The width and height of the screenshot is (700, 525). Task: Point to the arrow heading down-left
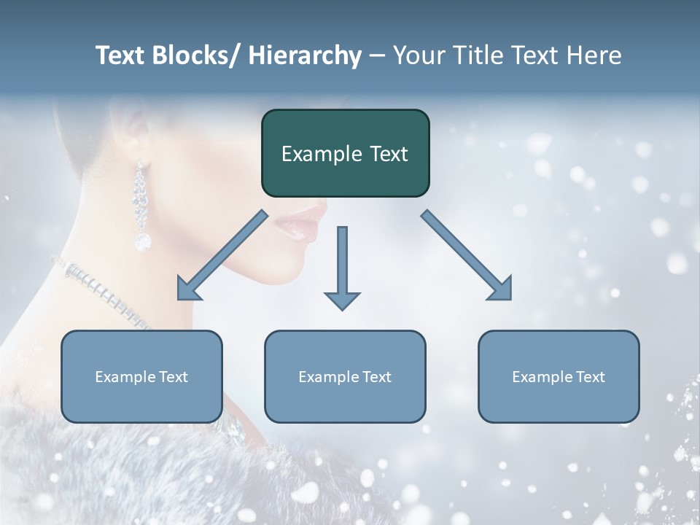(x=222, y=255)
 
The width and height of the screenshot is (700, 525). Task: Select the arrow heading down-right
(x=467, y=255)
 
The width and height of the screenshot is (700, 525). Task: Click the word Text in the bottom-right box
(x=590, y=377)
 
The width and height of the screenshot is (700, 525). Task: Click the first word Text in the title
(x=120, y=55)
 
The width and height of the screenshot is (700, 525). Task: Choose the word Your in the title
(x=417, y=55)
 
